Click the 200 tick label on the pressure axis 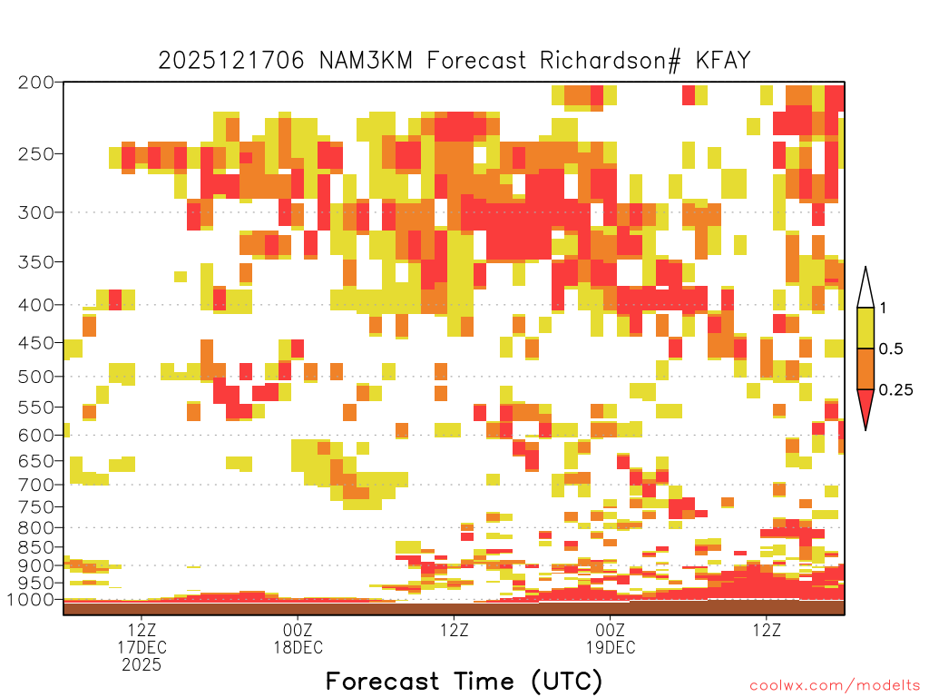36,83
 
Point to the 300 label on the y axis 36,212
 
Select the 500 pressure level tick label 36,377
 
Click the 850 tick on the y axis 36,547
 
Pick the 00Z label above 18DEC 298,630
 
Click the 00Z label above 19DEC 611,630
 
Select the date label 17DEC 142,647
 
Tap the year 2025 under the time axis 142,665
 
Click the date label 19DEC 611,647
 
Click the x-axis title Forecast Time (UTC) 464,682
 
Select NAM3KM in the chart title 366,61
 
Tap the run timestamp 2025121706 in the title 231,61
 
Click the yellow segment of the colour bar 865,328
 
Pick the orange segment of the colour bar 865,368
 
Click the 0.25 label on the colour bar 895,389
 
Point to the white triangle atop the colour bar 865,288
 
